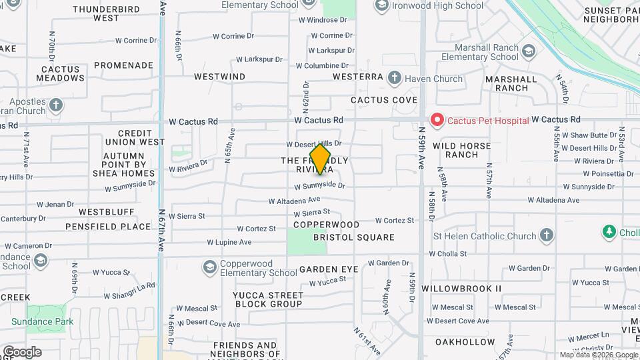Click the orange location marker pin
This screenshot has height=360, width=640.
pyautogui.click(x=321, y=159)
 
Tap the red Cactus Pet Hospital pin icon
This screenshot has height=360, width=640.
pyautogui.click(x=437, y=120)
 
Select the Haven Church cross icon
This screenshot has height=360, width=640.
pyautogui.click(x=394, y=78)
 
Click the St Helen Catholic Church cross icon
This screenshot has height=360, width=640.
pyautogui.click(x=547, y=235)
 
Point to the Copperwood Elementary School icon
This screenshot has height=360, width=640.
pyautogui.click(x=209, y=267)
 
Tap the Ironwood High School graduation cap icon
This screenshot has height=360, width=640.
pyautogui.click(x=382, y=6)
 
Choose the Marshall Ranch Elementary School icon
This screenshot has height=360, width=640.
pyautogui.click(x=529, y=51)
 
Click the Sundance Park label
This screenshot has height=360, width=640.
pyautogui.click(x=42, y=321)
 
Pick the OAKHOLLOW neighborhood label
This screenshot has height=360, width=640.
pyautogui.click(x=465, y=341)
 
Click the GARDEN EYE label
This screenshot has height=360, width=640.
pyautogui.click(x=329, y=269)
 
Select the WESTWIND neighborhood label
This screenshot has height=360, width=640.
pyautogui.click(x=219, y=77)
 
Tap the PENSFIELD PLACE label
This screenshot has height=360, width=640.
pyautogui.click(x=108, y=227)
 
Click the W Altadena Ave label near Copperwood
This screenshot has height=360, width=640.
pyautogui.click(x=294, y=200)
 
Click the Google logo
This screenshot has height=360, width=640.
pyautogui.click(x=21, y=352)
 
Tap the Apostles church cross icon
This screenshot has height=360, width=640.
pyautogui.click(x=55, y=105)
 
